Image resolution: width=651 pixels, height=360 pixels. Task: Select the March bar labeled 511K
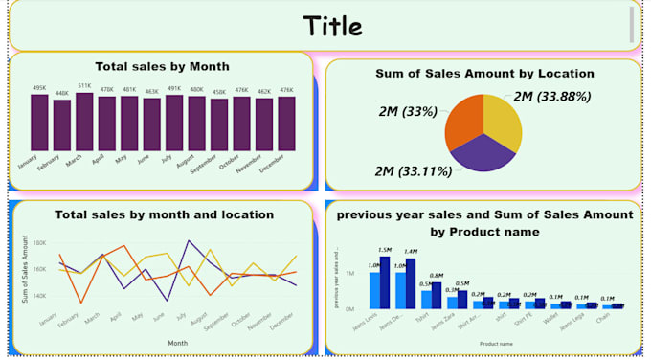pos(84,123)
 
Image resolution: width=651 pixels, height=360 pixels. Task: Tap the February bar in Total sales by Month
pos(62,126)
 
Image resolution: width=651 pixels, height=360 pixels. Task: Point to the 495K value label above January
pos(39,88)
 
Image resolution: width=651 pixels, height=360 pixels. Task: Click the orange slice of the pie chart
pos(465,118)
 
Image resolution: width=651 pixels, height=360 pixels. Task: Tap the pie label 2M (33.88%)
pos(551,96)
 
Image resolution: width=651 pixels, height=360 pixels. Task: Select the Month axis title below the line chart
pos(177,342)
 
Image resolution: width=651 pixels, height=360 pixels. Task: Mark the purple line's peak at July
pos(188,240)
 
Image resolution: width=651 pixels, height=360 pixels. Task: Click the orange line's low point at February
pos(80,303)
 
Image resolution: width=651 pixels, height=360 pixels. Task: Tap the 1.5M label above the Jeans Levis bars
pos(385,250)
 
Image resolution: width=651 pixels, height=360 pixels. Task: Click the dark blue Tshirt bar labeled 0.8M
pos(437,295)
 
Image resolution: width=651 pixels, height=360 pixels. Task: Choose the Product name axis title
pos(496,343)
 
